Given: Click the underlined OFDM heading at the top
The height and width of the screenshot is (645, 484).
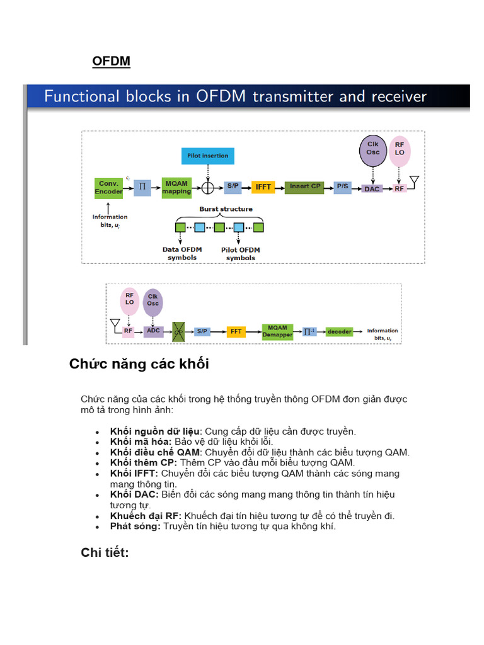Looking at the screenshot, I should point(112,61).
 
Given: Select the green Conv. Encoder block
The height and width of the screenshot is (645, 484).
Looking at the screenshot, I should point(108,187).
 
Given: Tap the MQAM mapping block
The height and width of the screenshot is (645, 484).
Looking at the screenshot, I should point(176,187).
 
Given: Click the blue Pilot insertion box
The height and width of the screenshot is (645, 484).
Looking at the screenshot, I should point(207,155).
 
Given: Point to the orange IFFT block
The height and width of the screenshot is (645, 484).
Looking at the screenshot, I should point(262,187).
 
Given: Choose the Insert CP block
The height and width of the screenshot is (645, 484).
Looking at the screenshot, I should point(305,187).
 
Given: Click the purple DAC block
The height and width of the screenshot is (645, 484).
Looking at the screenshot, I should point(372,188).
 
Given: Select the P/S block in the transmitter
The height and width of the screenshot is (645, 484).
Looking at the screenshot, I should point(343,187).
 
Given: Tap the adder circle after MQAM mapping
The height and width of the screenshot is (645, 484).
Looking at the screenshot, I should point(207,187).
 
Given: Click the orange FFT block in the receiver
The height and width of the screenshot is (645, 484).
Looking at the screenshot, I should point(236,331).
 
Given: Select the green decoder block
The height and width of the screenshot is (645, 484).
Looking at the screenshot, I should point(338,331).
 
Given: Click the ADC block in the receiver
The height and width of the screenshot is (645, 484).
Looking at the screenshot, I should point(153,330).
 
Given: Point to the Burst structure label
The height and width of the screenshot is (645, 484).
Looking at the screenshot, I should point(226,209).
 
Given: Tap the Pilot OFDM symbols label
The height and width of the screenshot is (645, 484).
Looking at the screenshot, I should point(241,254).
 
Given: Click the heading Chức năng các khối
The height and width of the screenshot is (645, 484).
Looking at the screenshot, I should point(139,364).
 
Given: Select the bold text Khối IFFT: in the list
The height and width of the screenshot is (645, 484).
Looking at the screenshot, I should point(134,473).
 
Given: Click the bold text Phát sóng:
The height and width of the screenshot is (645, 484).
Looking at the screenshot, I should point(135,526).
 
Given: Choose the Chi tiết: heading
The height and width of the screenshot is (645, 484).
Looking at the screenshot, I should point(105,552).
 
